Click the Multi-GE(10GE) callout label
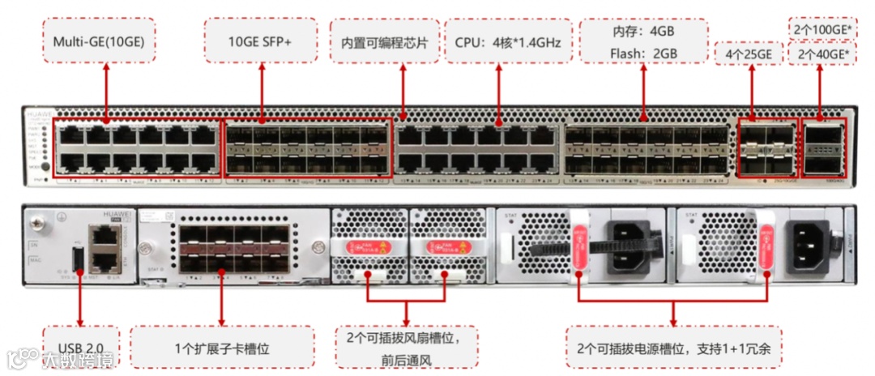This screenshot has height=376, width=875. [99, 40]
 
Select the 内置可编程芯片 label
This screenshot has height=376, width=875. [385, 40]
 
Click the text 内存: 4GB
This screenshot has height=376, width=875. [643, 31]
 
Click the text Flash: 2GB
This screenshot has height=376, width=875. [643, 53]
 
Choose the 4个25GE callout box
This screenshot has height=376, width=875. [750, 54]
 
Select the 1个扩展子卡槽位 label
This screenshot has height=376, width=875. [221, 348]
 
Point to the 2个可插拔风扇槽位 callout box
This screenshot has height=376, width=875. [407, 348]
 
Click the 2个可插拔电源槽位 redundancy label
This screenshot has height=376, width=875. [673, 348]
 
